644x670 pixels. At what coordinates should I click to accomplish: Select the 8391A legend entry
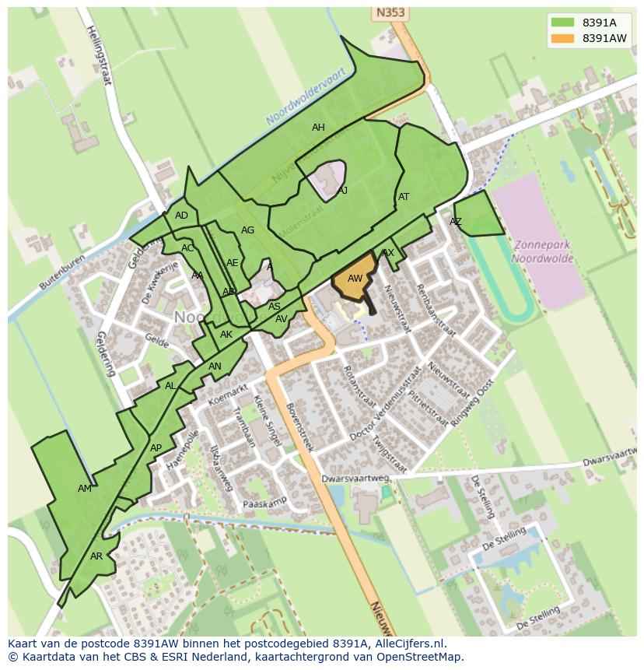click(591, 23)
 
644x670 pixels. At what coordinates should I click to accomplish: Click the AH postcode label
click(318, 128)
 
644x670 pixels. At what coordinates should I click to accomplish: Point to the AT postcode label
click(404, 197)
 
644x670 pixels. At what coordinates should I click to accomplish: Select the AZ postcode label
click(456, 222)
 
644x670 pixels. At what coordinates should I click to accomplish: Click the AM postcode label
click(85, 489)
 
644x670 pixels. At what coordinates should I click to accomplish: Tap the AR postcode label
click(96, 556)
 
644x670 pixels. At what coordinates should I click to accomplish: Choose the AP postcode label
click(156, 448)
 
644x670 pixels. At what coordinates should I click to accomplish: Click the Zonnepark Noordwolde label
click(542, 251)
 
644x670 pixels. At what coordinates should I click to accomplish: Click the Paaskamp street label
click(265, 502)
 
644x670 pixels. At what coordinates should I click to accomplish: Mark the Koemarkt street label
click(228, 395)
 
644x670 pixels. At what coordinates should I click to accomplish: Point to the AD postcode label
click(181, 216)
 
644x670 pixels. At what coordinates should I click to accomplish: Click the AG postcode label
click(247, 230)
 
